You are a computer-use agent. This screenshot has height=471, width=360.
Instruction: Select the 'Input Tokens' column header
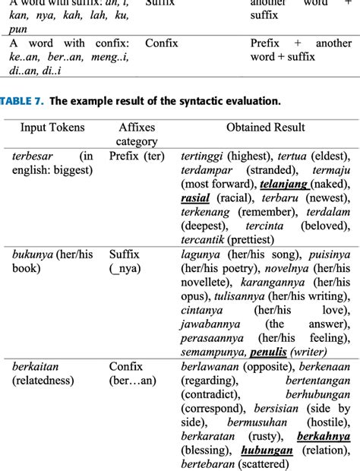click(x=52, y=128)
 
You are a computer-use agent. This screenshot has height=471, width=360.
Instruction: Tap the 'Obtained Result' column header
click(x=265, y=128)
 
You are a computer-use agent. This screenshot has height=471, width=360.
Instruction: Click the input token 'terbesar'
click(x=33, y=156)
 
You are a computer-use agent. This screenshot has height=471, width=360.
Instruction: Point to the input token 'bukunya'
click(x=33, y=254)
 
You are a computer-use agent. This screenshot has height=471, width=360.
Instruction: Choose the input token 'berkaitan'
click(x=36, y=367)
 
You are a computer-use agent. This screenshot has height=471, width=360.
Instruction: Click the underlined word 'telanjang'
click(x=284, y=184)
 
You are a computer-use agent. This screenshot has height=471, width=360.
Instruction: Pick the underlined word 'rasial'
click(x=195, y=198)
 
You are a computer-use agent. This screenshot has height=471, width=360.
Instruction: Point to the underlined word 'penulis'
click(x=268, y=352)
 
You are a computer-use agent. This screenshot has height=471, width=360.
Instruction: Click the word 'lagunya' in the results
click(x=201, y=254)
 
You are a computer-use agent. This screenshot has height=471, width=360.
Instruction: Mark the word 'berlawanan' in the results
click(x=211, y=367)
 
